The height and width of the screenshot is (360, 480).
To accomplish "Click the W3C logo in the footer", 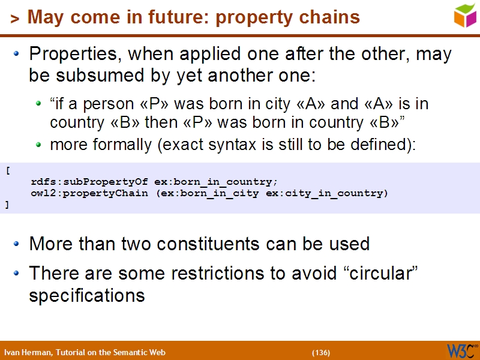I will (461, 351).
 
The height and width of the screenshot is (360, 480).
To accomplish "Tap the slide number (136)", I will (321, 352).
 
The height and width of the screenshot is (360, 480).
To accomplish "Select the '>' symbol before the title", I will (15, 19).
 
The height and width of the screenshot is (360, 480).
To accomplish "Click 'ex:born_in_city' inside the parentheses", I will (221, 193).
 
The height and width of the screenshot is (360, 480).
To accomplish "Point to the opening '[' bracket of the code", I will (7, 170).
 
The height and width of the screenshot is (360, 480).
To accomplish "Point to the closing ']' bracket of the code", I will (7, 205).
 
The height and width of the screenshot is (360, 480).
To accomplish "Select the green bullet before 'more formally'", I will (39, 145).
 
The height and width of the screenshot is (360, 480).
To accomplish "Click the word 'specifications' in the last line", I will (86, 296).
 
